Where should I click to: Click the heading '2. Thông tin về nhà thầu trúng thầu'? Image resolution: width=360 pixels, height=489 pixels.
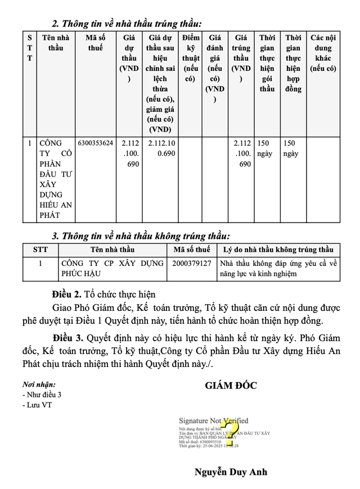(126, 24)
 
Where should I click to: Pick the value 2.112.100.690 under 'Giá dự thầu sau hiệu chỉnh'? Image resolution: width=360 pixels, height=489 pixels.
(161, 148)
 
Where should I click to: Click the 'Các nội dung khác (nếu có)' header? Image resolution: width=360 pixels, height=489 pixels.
(323, 53)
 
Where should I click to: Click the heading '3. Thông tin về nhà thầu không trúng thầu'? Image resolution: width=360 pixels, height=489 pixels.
(141, 236)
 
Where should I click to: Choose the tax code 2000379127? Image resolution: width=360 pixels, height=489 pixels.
(192, 263)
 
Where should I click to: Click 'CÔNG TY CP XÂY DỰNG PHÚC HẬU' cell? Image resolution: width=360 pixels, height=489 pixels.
(112, 268)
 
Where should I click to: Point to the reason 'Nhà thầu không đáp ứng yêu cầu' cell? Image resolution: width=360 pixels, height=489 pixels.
(278, 268)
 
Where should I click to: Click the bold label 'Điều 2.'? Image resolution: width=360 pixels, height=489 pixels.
(66, 294)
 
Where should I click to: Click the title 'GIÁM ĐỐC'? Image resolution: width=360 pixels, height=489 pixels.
(231, 385)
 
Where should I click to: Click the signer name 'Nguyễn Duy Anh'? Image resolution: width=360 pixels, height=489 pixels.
(231, 472)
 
